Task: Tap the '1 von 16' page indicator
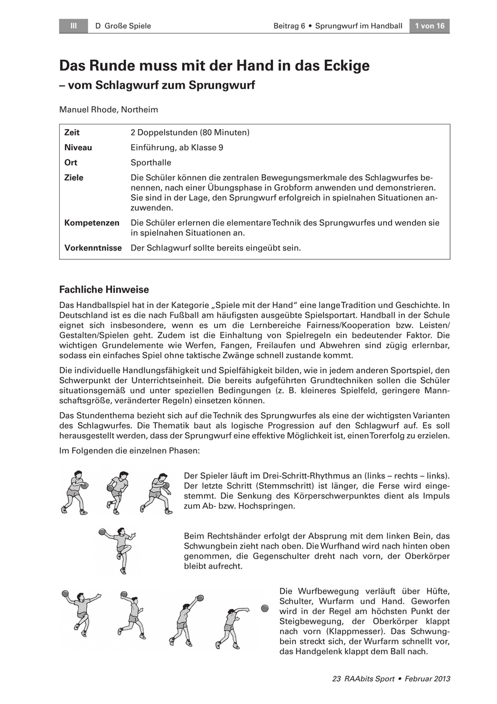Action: tap(430, 26)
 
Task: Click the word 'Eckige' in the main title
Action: tap(341, 66)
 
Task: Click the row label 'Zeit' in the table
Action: tap(72, 133)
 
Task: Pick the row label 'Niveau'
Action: tap(78, 148)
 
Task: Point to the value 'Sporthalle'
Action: tap(151, 163)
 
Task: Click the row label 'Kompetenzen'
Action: tap(91, 223)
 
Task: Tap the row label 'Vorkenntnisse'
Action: tap(93, 248)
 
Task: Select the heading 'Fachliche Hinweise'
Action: tap(104, 290)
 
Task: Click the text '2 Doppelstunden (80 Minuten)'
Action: tap(190, 133)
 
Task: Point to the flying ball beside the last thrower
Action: tap(265, 608)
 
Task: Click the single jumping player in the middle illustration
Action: tap(118, 549)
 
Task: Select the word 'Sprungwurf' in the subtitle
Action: tap(222, 84)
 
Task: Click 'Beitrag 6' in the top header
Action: tap(290, 26)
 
